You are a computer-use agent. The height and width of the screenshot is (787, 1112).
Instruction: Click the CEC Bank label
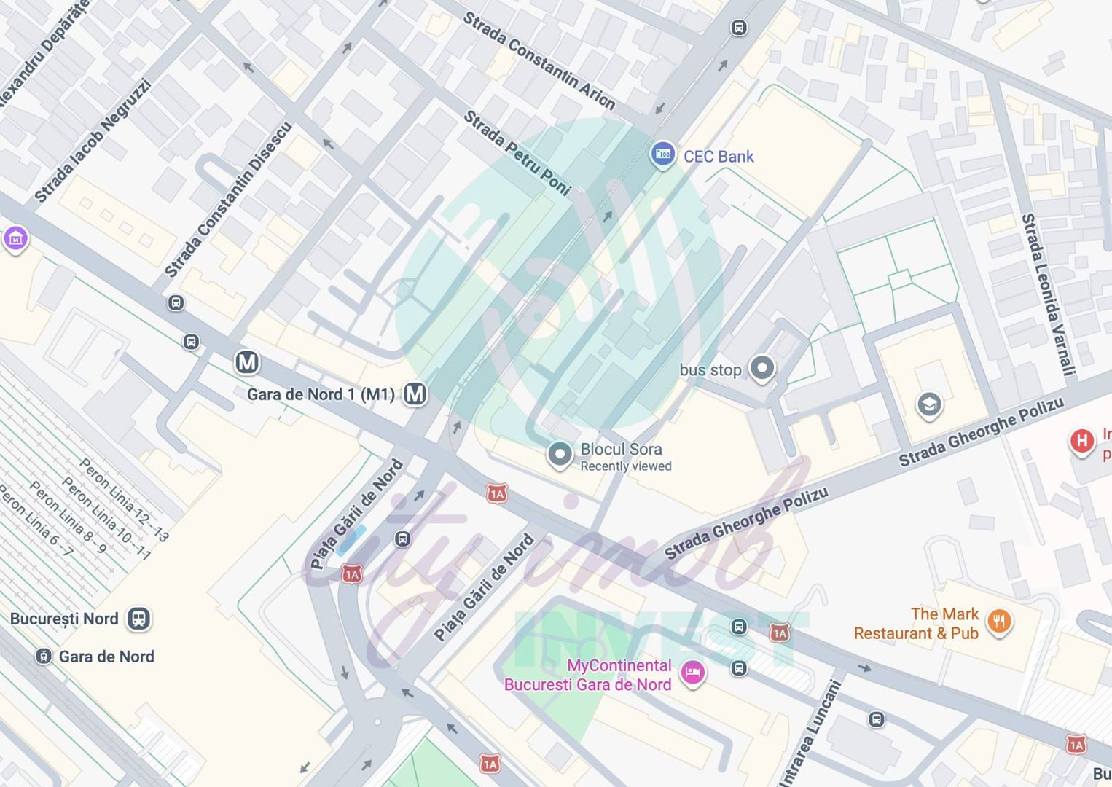tap(718, 157)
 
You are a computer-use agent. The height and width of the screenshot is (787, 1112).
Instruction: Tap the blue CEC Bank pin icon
tap(662, 154)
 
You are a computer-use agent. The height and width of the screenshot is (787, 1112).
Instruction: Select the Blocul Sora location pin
tap(560, 455)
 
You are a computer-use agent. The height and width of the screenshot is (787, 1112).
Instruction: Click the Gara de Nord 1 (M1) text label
tap(321, 395)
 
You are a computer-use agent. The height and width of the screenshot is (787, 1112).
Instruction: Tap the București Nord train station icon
tap(138, 619)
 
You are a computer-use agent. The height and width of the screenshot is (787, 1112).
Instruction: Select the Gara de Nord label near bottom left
tap(106, 657)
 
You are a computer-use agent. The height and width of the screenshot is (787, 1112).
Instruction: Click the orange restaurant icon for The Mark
tap(999, 622)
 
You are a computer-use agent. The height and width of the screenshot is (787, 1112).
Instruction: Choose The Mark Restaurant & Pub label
tap(917, 624)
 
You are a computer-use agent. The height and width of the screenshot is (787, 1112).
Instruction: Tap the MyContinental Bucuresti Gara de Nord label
tap(587, 675)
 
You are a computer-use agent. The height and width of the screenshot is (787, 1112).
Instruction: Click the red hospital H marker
tap(1082, 441)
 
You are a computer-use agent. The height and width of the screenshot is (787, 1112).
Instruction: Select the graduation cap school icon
tap(929, 404)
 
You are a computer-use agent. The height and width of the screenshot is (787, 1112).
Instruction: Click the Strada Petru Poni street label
tap(517, 153)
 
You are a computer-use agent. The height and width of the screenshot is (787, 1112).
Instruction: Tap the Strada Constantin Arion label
tap(539, 60)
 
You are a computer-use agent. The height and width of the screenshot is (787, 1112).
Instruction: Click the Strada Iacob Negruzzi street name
tap(93, 141)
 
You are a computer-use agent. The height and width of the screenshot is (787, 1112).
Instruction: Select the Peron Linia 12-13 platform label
tap(124, 500)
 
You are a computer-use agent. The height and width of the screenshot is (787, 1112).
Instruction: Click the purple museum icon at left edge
tap(15, 238)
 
